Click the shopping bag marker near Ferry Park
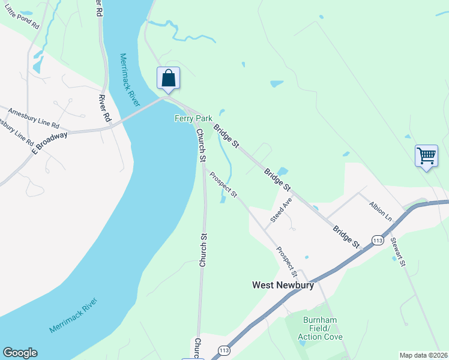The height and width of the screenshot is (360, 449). pyautogui.click(x=169, y=79)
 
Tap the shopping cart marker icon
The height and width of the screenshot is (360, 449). pyautogui.click(x=426, y=156)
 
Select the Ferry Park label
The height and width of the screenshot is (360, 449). pyautogui.click(x=190, y=118)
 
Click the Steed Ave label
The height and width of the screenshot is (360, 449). pyautogui.click(x=281, y=210)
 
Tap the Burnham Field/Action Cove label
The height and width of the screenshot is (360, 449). pyautogui.click(x=322, y=328)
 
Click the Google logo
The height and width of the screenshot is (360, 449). pyautogui.click(x=20, y=353)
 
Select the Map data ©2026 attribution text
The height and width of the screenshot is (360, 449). pyautogui.click(x=424, y=355)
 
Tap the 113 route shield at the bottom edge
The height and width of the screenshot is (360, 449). pyautogui.click(x=224, y=350)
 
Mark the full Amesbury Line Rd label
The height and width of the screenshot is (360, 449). pyautogui.click(x=33, y=118)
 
